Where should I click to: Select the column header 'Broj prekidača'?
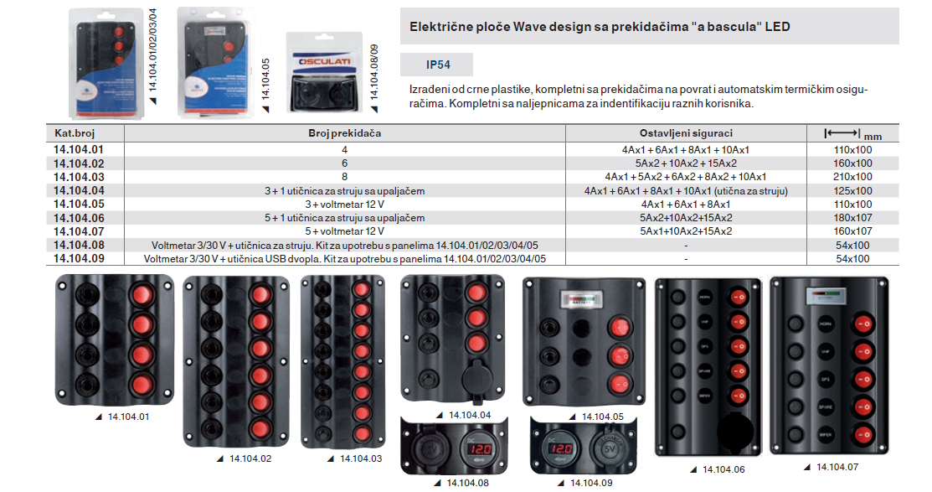pos(345,133)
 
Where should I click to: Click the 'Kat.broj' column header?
pos(74,133)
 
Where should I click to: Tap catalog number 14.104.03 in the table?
pos(79,177)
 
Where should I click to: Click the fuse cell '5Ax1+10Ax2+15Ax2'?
pos(685,231)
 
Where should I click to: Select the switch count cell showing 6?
pos(344,163)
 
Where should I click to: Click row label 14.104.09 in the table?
pos(79,259)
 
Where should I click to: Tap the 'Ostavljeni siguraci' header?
pos(685,133)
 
